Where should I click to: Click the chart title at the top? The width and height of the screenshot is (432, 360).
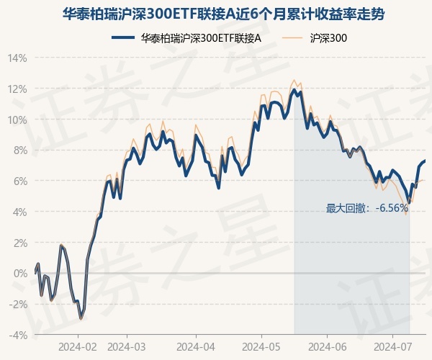pos(216,14)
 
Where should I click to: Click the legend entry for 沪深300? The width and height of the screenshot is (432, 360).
pos(328,38)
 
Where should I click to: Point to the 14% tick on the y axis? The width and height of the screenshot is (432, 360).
pos(18,58)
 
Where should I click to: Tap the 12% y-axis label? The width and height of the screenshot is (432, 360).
pos(18,89)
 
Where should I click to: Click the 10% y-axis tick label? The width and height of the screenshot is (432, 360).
pos(18,120)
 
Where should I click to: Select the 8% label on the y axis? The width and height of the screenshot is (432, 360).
pos(20,150)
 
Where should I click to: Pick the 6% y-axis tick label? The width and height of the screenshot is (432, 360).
pos(20,181)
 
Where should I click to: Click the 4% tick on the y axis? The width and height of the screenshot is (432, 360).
pos(20,212)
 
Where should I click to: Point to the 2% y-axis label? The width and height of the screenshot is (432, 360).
pos(20,243)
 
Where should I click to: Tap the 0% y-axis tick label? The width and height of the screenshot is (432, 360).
pos(20,274)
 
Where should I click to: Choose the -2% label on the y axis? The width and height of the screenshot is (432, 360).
pos(19,304)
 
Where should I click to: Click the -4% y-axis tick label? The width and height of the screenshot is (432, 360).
pos(19,335)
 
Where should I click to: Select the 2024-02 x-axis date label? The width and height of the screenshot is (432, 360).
pos(78,346)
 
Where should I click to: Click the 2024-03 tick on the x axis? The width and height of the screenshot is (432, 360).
pos(126,346)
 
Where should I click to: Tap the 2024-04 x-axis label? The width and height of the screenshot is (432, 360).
pos(196,346)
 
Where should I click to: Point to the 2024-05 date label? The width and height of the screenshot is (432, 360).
pos(261,346)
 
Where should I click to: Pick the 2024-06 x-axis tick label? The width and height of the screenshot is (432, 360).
pos(328,346)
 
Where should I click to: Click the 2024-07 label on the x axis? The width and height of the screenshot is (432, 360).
pos(392,346)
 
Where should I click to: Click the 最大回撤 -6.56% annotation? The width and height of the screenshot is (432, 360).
pos(367,209)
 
